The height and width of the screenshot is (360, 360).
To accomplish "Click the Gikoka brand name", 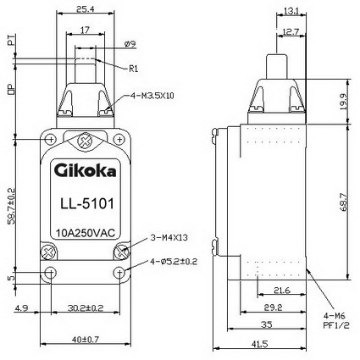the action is tap(85, 171).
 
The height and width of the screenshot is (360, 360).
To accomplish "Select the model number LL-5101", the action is tap(87, 203).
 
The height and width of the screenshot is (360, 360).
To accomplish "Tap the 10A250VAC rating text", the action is tap(86, 233).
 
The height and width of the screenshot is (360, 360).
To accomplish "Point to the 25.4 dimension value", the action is tap(85, 9).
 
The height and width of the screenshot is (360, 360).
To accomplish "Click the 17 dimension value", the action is tap(85, 30).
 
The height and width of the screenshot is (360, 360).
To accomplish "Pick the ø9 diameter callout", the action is tap(130, 44).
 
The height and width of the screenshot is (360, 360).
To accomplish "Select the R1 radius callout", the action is tap(134, 69).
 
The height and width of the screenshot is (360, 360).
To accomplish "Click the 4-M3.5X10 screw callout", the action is tap(152, 96).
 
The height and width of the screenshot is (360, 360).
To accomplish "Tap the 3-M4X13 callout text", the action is tap(169, 238).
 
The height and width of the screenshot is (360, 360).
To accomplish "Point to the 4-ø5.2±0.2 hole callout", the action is tap(174, 262).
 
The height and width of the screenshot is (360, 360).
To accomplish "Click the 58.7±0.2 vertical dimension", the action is tap(11, 206).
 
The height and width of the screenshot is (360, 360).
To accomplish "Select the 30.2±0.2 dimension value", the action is tap(86, 307).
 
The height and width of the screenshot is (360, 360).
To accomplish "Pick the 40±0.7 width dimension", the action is tap(86, 340).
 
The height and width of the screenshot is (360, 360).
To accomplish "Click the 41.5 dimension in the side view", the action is tap(259, 344).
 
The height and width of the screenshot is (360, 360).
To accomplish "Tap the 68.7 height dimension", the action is tap(343, 202).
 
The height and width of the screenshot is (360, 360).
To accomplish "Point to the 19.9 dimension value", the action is tap(343, 102).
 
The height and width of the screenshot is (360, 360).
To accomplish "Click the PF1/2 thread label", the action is tap(336, 325).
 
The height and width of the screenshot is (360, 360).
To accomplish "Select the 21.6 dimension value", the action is tap(282, 291).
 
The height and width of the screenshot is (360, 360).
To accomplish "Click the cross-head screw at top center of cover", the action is tap(85, 141).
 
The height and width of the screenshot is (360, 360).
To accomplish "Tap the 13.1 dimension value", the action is tap(291, 11).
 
